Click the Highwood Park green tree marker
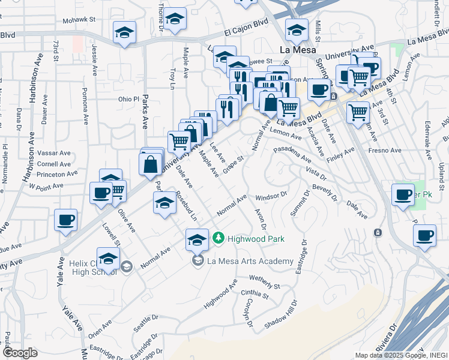point(218,239)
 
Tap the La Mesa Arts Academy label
point(250,261)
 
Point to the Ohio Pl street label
point(128,99)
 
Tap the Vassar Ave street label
point(55,153)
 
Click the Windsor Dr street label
point(272,196)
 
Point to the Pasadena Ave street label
point(292,154)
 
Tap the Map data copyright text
point(400,355)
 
